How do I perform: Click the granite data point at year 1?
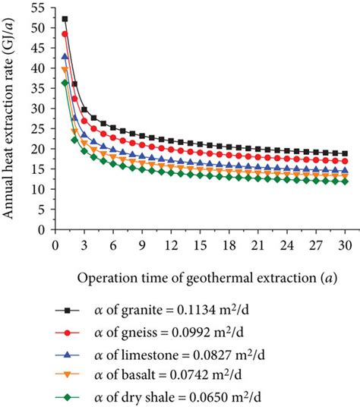(x=65, y=19)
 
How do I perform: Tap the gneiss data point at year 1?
(x=65, y=34)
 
